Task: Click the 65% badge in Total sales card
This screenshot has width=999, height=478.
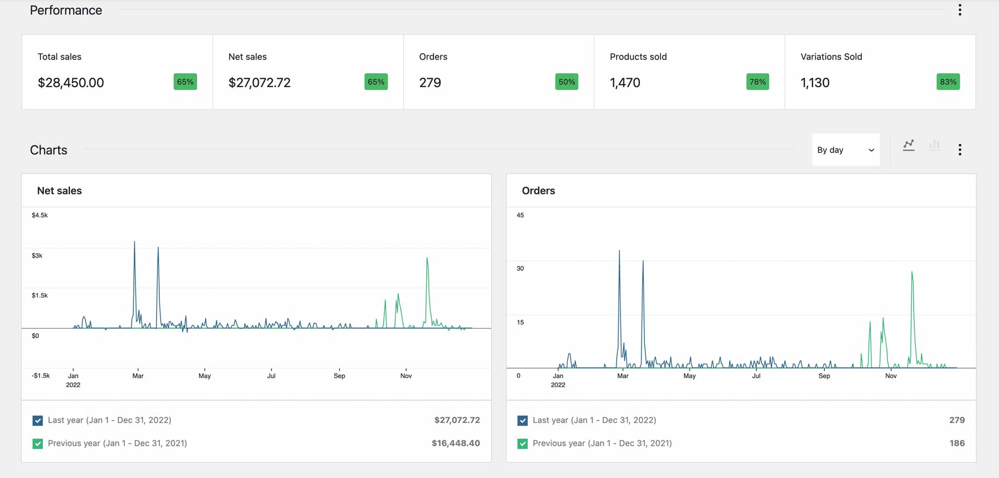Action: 185,82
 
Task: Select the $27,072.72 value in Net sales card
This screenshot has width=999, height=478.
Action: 259,83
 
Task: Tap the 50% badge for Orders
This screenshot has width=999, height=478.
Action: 566,82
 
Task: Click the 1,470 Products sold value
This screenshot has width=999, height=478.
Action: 625,83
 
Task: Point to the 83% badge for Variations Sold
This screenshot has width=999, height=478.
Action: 948,82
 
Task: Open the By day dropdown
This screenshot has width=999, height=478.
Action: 845,150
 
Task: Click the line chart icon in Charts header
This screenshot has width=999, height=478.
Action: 909,145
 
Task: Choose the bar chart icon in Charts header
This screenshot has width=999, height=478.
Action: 935,145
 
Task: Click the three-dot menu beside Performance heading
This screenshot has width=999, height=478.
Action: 960,10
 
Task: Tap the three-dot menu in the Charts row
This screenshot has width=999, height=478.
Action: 960,149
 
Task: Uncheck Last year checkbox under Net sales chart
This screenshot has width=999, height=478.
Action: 38,420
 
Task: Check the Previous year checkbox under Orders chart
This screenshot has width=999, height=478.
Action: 522,444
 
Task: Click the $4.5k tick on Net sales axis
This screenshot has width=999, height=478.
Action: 39,215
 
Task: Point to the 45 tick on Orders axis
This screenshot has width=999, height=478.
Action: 520,215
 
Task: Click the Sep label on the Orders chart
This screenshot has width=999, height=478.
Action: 824,376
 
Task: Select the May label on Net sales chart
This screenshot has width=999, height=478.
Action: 205,376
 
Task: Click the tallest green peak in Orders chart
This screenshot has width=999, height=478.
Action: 912,272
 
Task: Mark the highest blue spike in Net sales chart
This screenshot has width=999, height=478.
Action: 134,243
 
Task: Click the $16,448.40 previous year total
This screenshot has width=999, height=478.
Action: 456,443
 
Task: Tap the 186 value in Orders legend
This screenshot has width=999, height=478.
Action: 957,443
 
